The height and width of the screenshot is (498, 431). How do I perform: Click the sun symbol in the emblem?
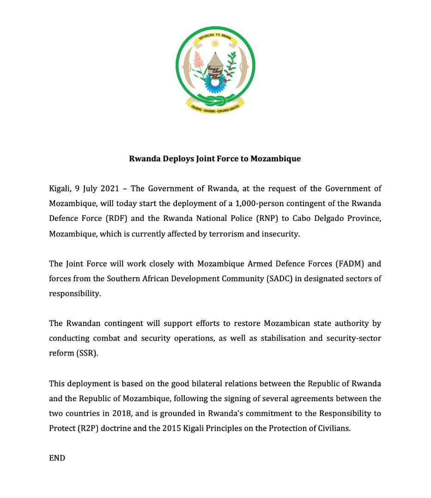[215, 43]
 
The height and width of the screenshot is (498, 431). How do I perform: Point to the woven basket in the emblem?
[215, 67]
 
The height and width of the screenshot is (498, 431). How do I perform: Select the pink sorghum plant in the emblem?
[199, 60]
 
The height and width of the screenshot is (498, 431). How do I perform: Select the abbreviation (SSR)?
[86, 353]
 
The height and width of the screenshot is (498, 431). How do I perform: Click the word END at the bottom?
[57, 458]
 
